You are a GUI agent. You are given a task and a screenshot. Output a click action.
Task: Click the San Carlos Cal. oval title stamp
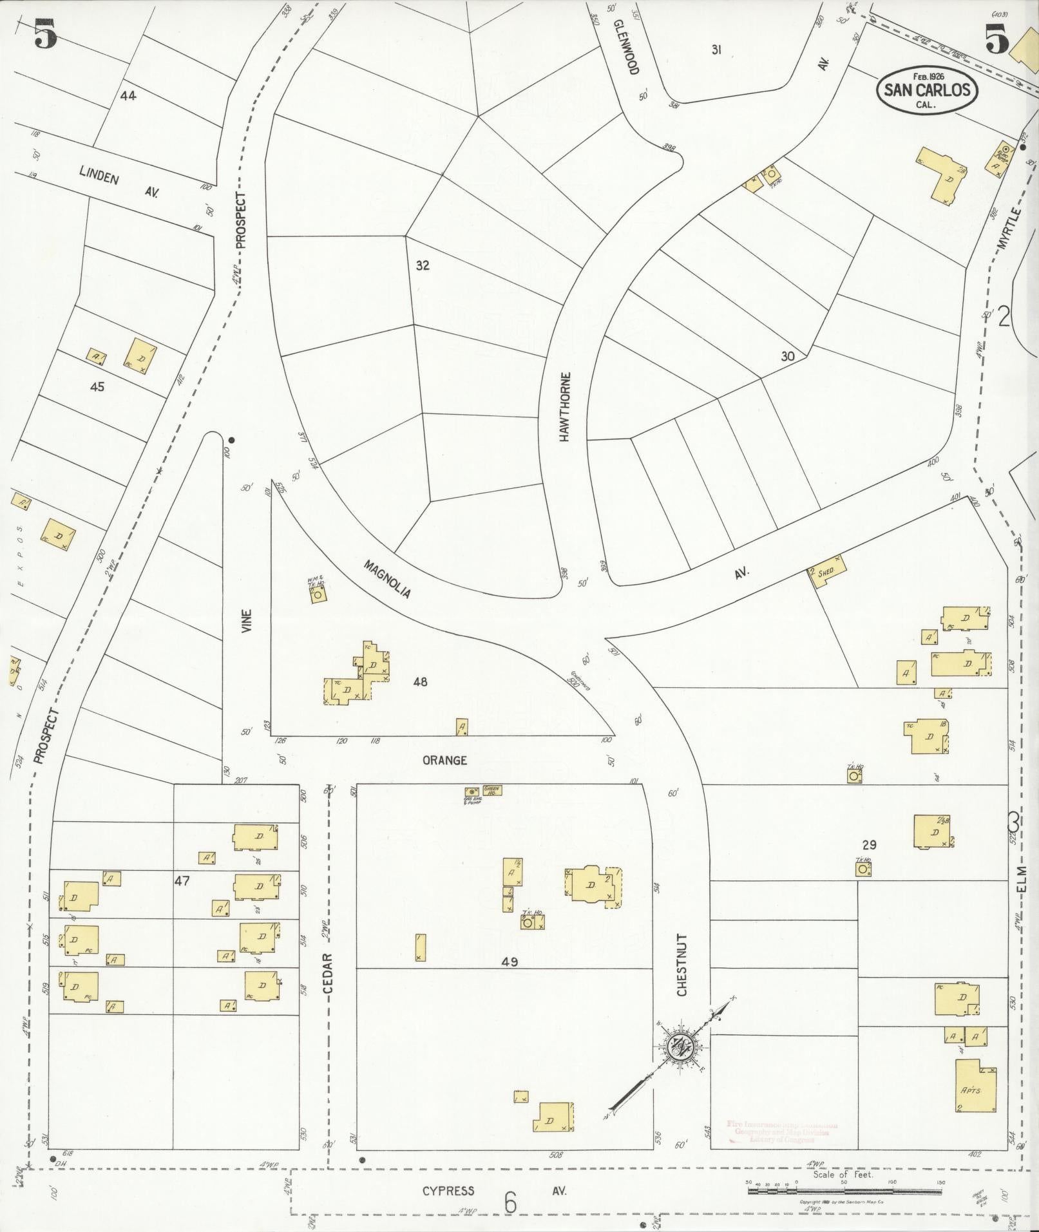926,90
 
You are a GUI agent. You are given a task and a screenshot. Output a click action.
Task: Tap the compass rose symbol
680,1046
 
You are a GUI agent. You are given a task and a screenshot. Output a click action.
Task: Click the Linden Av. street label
119,181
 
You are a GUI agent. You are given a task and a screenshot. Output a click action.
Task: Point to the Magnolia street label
387,579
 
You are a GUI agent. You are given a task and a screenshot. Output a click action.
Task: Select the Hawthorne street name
565,406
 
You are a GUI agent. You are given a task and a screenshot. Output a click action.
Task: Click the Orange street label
444,760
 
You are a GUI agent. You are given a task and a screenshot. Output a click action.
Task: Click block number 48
420,682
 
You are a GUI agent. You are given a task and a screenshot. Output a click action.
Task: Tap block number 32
422,265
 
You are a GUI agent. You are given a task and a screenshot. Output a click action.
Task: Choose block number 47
182,880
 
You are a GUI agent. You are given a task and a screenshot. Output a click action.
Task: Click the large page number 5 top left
45,33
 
